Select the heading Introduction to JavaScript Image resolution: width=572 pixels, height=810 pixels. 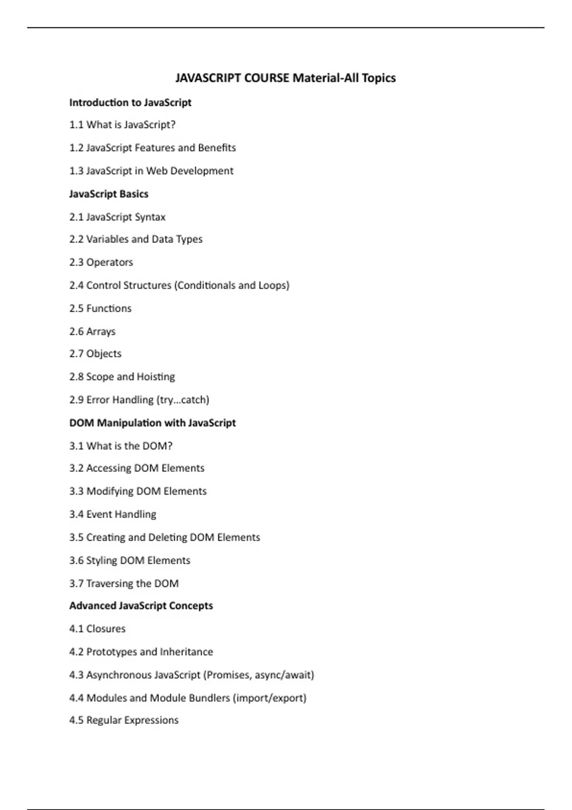[130, 102]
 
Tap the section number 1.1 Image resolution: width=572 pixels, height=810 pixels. [76, 125]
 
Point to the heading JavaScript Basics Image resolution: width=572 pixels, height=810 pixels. [109, 194]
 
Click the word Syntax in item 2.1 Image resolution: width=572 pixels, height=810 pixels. [150, 217]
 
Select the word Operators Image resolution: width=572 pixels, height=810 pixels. [110, 263]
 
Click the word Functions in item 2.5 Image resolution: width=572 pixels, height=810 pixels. [109, 308]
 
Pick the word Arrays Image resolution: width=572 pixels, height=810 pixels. [101, 332]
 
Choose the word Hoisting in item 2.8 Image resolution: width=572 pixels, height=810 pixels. [156, 377]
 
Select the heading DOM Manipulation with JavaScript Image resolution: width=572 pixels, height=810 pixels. [153, 423]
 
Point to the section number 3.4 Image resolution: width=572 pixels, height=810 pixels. [76, 514]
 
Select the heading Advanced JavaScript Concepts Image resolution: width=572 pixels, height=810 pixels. [141, 606]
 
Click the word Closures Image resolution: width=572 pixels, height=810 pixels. [106, 629]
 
